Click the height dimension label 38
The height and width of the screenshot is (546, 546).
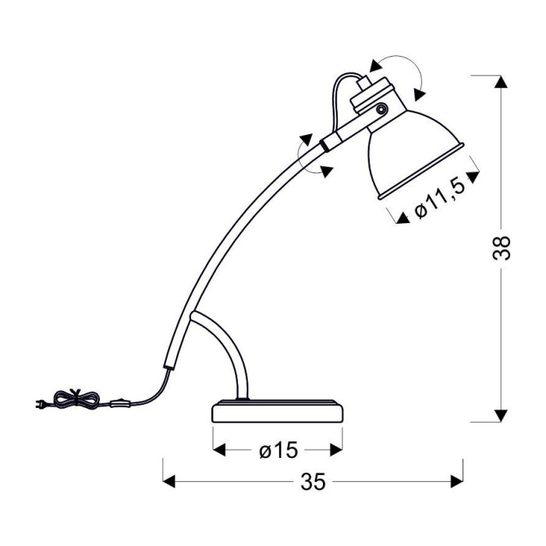(502, 248)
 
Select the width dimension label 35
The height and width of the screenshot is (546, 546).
(313, 482)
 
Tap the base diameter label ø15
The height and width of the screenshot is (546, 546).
(278, 450)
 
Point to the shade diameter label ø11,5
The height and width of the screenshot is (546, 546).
(439, 199)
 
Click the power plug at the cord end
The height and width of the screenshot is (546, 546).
(40, 405)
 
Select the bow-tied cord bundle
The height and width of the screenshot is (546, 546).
(76, 399)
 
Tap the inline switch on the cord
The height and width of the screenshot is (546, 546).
(120, 404)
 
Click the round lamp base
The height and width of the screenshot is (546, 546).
(278, 411)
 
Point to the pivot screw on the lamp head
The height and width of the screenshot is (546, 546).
(382, 109)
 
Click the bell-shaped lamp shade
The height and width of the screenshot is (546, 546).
(414, 153)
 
